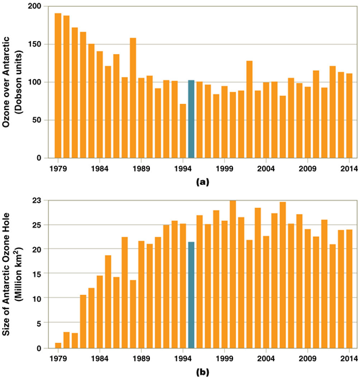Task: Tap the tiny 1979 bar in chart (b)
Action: (58, 345)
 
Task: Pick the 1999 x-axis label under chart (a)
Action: (224, 168)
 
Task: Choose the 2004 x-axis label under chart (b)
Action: (265, 358)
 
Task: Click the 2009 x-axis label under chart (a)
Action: (307, 168)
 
